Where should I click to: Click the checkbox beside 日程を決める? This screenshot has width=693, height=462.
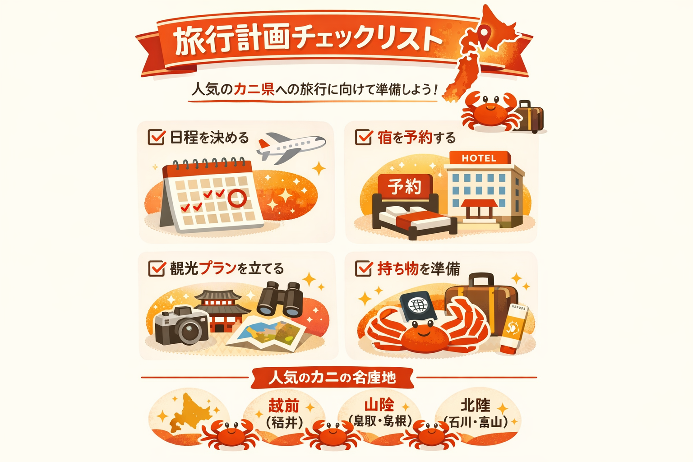coord(156,137)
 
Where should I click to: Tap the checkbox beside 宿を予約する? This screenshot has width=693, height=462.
coord(363,137)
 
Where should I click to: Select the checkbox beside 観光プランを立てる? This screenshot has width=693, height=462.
coord(156,268)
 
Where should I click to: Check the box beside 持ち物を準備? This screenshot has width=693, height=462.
coord(363,268)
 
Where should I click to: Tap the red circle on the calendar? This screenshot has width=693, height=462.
coord(237,197)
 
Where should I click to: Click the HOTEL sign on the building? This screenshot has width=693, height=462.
coord(479,158)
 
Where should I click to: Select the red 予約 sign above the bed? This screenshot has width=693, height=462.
coord(404,186)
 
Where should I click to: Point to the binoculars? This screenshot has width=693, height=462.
coord(279,299)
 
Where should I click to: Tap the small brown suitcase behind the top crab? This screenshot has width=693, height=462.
coord(530,116)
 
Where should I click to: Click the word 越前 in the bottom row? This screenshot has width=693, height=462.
coord(284,406)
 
